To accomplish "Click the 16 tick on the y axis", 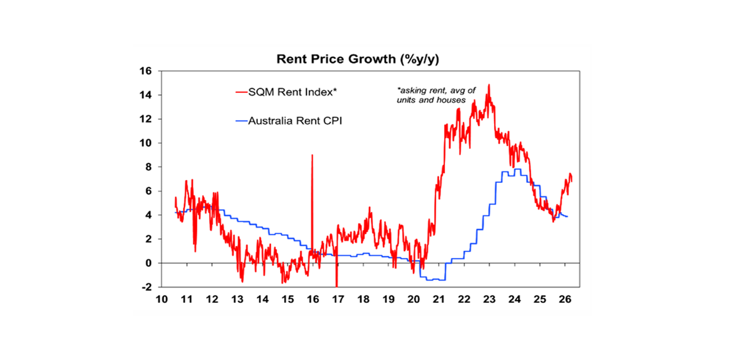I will [146, 71].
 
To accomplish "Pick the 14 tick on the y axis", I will [146, 95].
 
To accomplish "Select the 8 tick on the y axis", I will [148, 167].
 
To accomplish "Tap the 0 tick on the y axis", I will [148, 263].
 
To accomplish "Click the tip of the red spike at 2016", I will [312, 155].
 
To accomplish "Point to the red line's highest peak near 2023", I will [489, 85].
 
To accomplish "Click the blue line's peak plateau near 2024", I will [517, 169].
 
